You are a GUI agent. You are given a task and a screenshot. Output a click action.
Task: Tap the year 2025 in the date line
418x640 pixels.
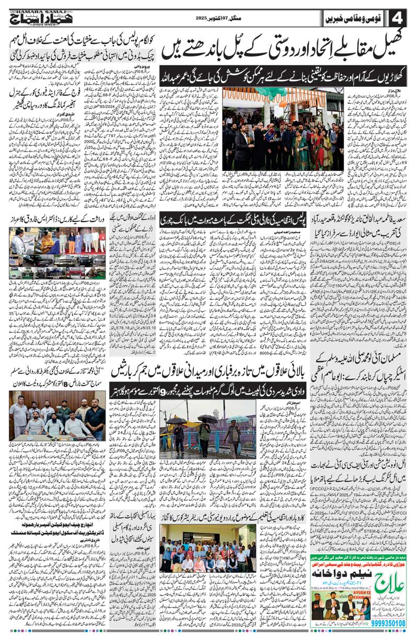pos(202,18)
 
